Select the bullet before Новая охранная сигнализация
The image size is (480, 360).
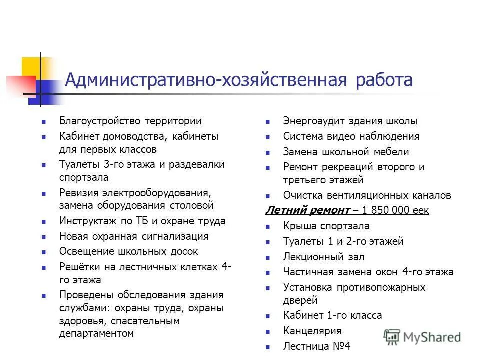(44, 237)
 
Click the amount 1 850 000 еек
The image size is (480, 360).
(395, 210)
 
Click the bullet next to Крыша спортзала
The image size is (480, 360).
(268, 226)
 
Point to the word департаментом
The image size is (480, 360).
(97, 333)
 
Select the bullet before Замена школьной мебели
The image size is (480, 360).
(268, 152)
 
